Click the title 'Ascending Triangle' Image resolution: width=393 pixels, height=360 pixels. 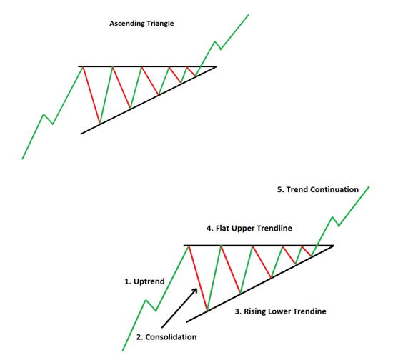141,24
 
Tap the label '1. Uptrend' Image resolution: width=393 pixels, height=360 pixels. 144,281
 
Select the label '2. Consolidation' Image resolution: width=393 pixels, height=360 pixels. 166,337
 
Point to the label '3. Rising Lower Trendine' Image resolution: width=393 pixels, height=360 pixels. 281,311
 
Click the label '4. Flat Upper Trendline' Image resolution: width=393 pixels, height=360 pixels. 249,229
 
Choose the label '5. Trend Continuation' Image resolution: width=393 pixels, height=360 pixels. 318,189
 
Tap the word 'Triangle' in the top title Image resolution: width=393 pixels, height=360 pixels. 160,24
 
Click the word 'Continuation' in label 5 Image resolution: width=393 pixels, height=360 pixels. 334,189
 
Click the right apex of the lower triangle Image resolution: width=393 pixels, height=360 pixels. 334,246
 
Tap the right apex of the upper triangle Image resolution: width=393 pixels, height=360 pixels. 216,66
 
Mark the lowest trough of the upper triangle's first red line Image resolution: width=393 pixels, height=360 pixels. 99,124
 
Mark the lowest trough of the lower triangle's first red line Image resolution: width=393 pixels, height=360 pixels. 207,311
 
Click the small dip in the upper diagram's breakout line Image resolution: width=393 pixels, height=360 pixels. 221,49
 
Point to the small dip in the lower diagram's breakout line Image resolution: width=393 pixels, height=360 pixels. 339,226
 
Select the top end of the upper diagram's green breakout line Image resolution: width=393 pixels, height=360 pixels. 249,15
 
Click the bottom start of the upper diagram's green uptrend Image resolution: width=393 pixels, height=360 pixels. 22,159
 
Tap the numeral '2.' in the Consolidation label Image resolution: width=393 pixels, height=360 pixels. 139,337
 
